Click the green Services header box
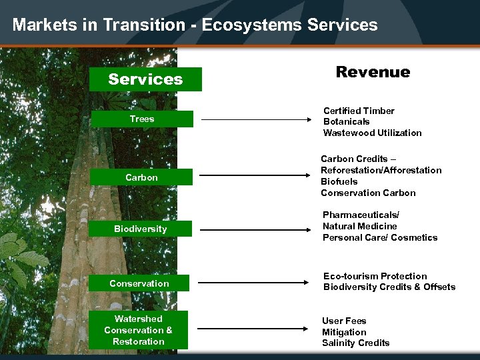[x=145, y=79]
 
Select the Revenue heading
[x=373, y=72]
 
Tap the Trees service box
[x=142, y=119]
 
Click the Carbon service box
[x=142, y=177]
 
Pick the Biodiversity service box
[x=141, y=229]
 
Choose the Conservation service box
[x=139, y=283]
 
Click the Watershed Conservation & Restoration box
[x=139, y=330]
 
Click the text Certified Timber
[x=359, y=111]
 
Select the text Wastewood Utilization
[x=372, y=133]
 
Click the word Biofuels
[x=339, y=181]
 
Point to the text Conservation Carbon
[x=368, y=193]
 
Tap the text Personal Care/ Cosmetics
[x=380, y=237]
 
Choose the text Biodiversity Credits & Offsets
[x=389, y=287]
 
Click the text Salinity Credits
[x=355, y=343]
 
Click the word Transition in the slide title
[x=149, y=25]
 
